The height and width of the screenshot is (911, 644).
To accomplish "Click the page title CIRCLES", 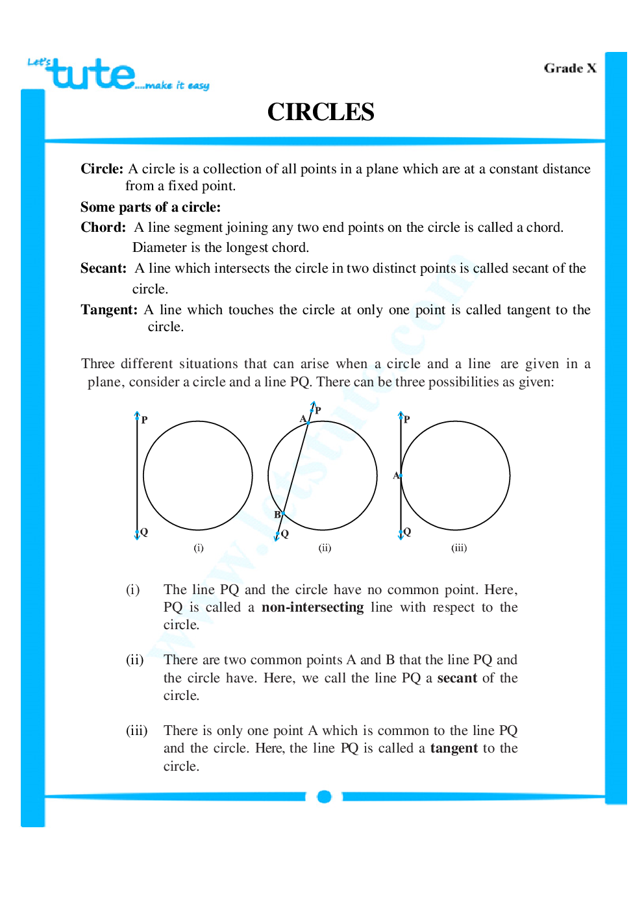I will tap(321, 112).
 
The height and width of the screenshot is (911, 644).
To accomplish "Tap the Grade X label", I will tap(569, 68).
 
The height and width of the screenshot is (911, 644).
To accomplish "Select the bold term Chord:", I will tap(103, 227).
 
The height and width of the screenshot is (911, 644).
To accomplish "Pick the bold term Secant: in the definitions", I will tap(103, 268).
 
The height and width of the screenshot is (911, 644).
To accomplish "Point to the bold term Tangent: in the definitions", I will tap(108, 310).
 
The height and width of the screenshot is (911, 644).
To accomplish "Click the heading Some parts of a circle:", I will tap(151, 207).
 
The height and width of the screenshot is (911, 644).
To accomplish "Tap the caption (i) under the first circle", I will tap(199, 548).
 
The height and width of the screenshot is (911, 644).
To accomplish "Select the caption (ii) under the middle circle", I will tap(325, 548).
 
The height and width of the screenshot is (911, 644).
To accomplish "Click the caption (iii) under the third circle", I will tap(459, 548).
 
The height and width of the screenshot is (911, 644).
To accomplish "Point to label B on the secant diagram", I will tap(277, 514).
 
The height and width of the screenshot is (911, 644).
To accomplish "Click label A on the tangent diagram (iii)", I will tap(396, 475).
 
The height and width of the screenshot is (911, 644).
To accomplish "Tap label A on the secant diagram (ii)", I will tap(303, 419).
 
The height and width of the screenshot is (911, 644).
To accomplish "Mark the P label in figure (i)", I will tap(144, 420).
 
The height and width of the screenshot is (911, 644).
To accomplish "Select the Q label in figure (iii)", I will tap(407, 532).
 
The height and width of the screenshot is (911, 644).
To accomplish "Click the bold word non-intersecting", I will tap(312, 607).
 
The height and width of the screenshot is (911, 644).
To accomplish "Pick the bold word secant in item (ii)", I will tap(457, 678).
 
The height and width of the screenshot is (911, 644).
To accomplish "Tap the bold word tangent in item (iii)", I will tap(454, 748).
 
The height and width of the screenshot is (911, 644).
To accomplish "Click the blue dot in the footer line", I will tap(325, 797).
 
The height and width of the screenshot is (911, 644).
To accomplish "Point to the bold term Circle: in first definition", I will tap(102, 169).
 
